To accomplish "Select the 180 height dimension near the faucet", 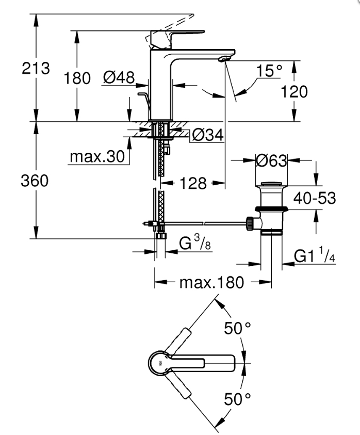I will coord(77,78).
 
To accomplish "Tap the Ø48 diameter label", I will coord(119,78).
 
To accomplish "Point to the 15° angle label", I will coord(270,71).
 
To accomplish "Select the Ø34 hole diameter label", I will coord(208,135).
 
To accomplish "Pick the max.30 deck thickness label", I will coord(97,156).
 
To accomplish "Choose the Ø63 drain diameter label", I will coord(271,161).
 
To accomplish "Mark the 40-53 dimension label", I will coord(315,198).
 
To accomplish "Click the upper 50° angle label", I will coord(237,328).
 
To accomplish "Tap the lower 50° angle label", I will coord(237,398).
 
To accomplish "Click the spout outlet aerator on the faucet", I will coord(224,59).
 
